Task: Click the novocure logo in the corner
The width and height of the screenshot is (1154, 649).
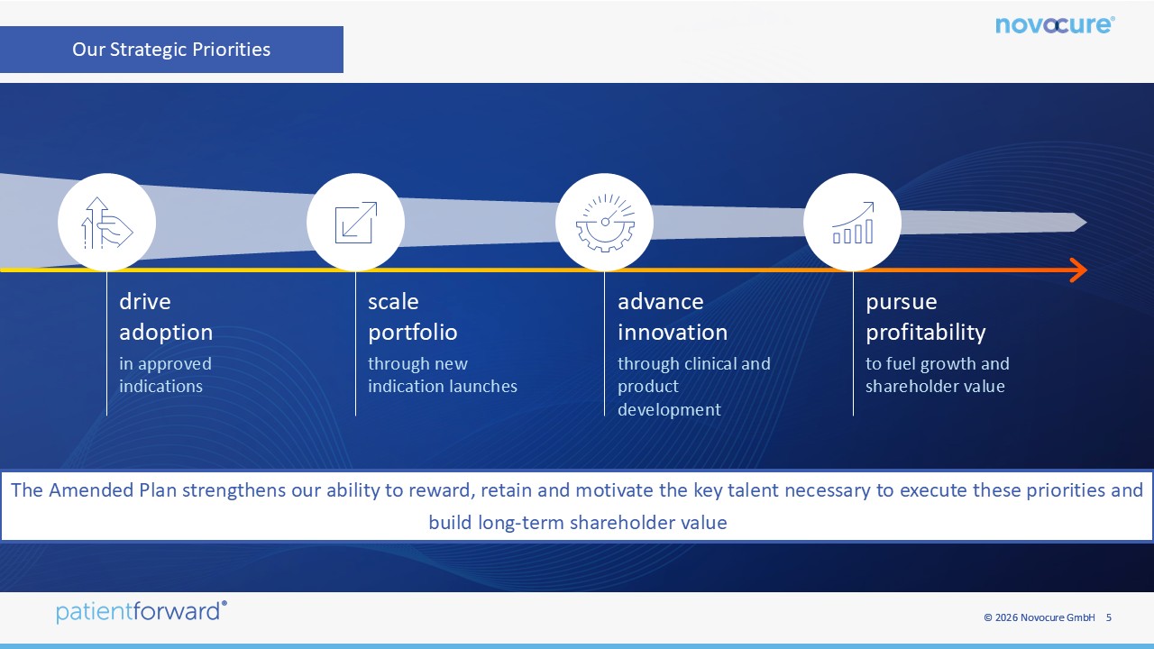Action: tap(1055, 24)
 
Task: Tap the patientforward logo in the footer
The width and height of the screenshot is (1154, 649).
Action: tap(142, 612)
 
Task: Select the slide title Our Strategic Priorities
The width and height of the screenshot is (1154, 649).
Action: tap(171, 50)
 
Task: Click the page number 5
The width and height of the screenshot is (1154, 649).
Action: tap(1109, 617)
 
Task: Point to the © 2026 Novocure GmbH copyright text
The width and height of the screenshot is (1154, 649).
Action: tap(1040, 617)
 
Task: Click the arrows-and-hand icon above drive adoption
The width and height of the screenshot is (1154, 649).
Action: tap(106, 223)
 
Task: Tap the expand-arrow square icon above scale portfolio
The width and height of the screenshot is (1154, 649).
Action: tap(356, 223)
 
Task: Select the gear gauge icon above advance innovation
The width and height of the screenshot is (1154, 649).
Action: tap(605, 223)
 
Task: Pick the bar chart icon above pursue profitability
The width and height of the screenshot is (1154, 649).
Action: tap(853, 223)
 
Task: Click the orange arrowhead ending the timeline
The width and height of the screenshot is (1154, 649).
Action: tap(1079, 270)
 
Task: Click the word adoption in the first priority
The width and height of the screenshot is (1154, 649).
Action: tap(166, 333)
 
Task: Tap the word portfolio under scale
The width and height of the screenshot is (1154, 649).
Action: tap(413, 333)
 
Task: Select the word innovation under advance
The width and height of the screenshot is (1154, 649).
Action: tap(673, 333)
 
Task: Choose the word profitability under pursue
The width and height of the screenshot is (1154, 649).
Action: tap(925, 333)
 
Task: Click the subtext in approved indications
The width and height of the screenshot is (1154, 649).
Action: tap(165, 375)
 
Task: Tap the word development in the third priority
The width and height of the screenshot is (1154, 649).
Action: tap(669, 410)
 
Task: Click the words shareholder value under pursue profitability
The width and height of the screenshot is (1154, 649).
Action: tap(935, 387)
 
